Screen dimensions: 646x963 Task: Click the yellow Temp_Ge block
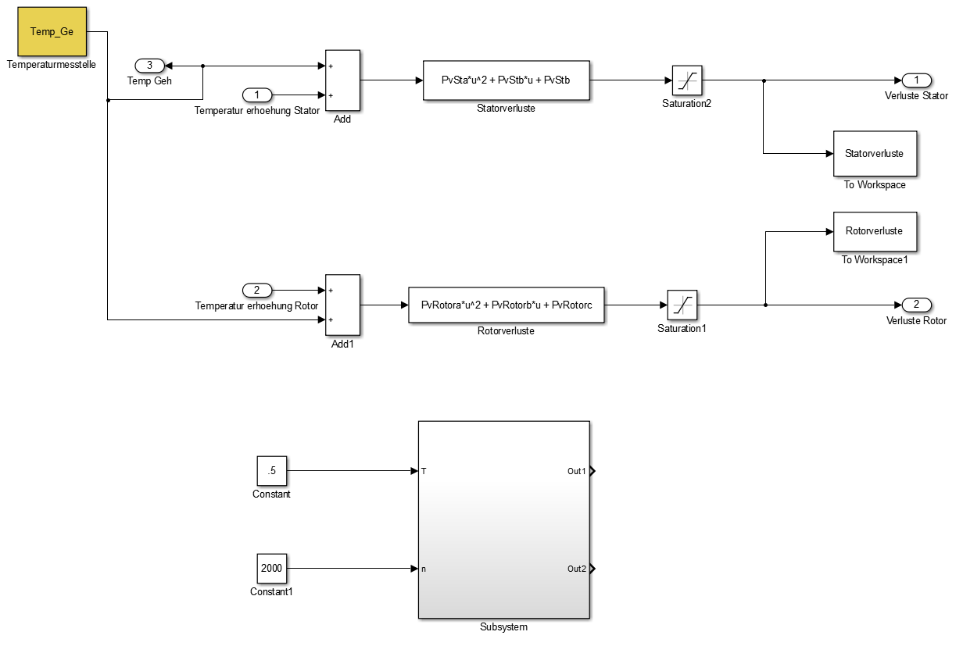[51, 32]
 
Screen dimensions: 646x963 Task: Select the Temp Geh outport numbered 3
[150, 66]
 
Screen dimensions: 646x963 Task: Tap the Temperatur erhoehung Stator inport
[257, 95]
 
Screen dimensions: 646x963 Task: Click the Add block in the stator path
[342, 80]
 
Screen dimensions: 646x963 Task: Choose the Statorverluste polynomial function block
[506, 80]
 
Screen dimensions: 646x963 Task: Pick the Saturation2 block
[687, 80]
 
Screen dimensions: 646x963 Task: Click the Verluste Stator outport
[916, 80]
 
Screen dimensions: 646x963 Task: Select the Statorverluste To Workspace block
[875, 154]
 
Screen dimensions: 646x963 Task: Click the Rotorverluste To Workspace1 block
[875, 231]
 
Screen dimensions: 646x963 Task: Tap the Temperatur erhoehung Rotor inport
[257, 291]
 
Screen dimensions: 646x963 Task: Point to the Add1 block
[342, 304]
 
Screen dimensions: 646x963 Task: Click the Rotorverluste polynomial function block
[506, 305]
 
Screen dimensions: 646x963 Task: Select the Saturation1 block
[682, 305]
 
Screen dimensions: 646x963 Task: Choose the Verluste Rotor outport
[916, 304]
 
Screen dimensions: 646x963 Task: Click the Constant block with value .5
[271, 471]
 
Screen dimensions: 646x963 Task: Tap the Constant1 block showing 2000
[271, 568]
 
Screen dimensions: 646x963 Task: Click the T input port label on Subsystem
[424, 471]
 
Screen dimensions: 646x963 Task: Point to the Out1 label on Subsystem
[577, 471]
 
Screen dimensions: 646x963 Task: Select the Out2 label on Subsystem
[577, 568]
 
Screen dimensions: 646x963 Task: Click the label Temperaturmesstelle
[51, 65]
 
